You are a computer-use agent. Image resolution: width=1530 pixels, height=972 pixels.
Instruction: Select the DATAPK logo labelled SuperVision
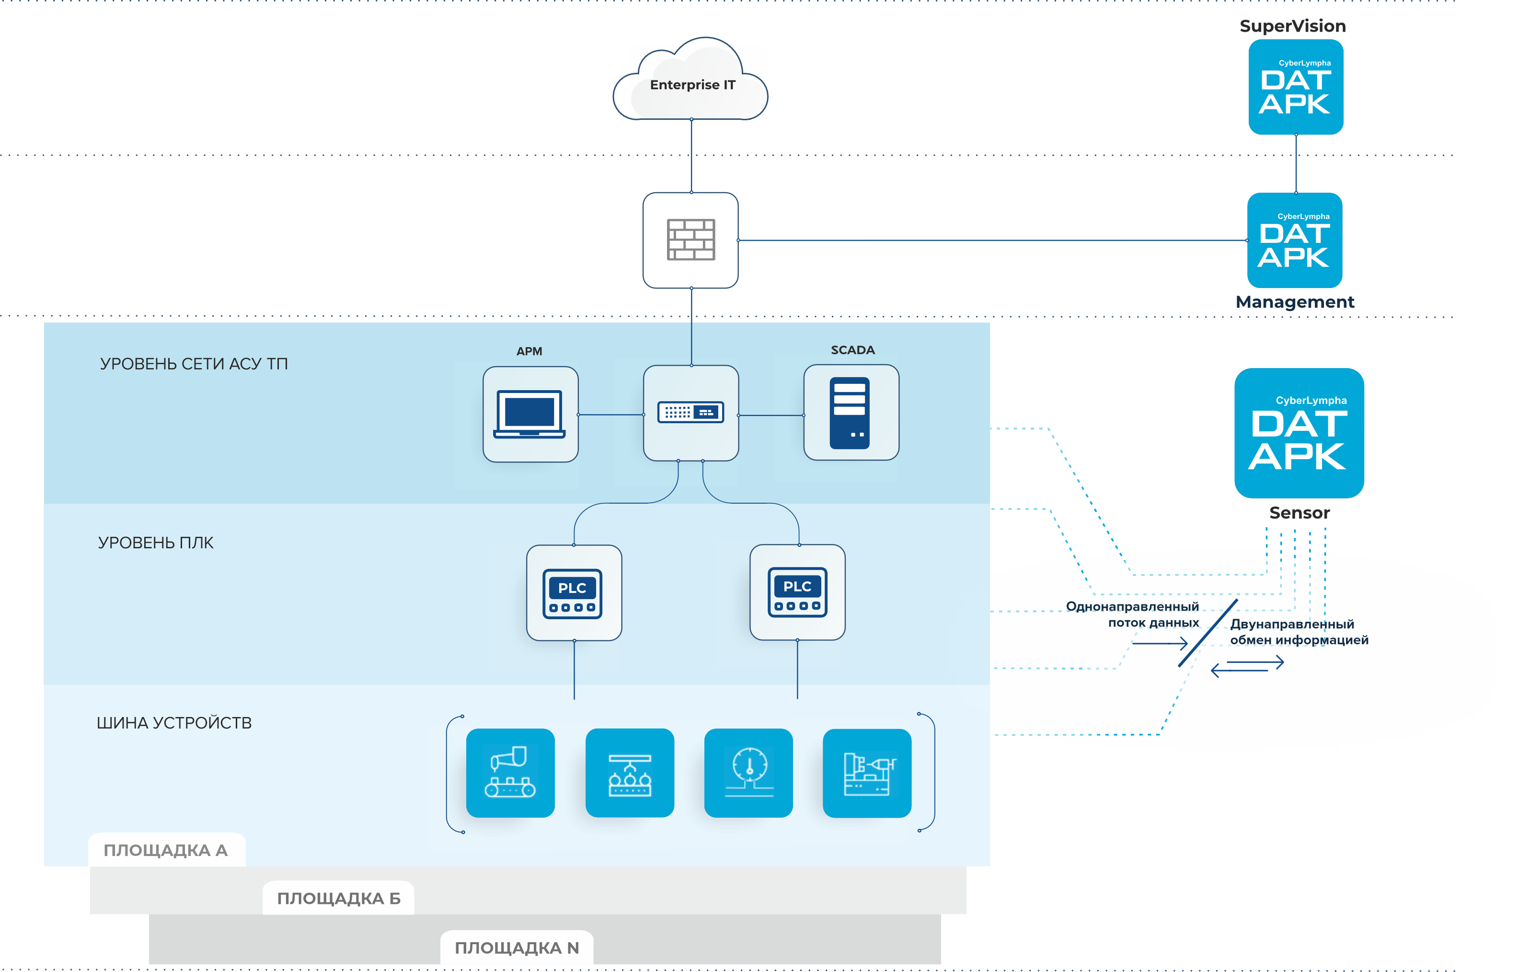click(x=1296, y=87)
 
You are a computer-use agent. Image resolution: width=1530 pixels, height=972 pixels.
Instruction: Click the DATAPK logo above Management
click(x=1294, y=240)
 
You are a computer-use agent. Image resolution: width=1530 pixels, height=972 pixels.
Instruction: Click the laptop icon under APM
click(x=530, y=414)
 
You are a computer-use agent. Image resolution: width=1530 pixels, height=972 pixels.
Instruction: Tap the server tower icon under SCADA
click(x=850, y=413)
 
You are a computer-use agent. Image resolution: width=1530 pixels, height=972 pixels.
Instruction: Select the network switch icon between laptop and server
click(x=690, y=413)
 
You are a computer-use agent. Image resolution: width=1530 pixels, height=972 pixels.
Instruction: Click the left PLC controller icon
click(x=573, y=592)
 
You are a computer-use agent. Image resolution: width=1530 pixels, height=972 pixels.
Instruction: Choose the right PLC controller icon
click(x=797, y=592)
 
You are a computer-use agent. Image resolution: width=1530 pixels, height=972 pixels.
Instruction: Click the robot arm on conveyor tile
click(x=510, y=773)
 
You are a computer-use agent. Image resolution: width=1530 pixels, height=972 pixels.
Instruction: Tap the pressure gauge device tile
click(x=748, y=773)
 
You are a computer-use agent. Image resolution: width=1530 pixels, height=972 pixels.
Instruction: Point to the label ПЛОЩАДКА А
click(x=166, y=850)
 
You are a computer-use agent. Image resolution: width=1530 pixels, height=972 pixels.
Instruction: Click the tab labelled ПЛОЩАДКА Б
click(x=339, y=898)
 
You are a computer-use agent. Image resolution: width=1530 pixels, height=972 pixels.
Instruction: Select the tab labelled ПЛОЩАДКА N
click(x=517, y=947)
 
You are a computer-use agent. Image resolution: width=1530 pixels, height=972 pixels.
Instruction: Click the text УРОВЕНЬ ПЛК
click(x=156, y=542)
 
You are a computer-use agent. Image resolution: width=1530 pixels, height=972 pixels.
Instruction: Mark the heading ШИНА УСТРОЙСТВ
click(x=174, y=723)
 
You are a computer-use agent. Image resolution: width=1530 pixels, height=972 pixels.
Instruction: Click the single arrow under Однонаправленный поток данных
click(x=1159, y=643)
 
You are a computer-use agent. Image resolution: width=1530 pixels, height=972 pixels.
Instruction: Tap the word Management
click(x=1294, y=302)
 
